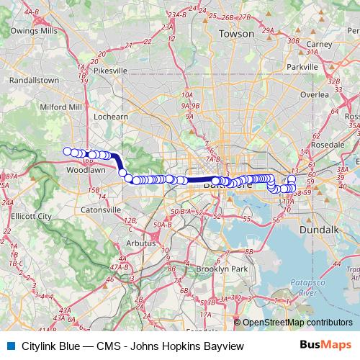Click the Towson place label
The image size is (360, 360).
point(238,34)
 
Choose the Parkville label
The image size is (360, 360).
point(302,67)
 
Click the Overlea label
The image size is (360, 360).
point(315,94)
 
